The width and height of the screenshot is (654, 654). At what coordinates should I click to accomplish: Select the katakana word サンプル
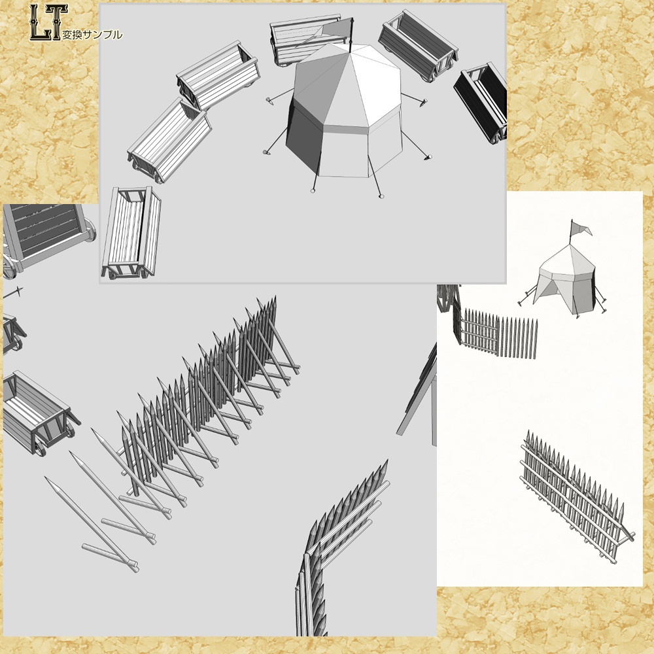(102, 35)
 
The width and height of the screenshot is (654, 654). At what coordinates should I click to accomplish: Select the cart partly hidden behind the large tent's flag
(298, 39)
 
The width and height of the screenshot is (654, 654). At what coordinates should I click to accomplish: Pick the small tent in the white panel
(565, 278)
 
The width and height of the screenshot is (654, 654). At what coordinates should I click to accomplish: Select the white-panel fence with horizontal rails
(576, 497)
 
